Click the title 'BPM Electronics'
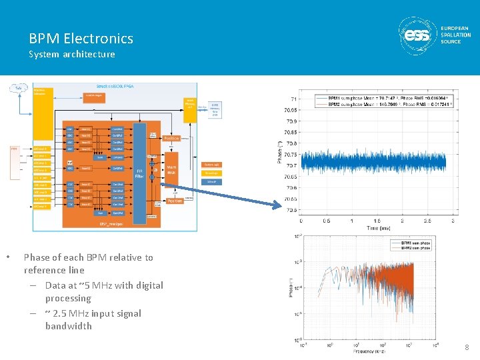(x=81, y=39)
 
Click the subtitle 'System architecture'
(x=71, y=54)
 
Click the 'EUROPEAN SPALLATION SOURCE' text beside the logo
(x=455, y=35)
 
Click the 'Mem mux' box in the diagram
(x=171, y=170)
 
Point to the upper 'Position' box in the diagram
(x=172, y=138)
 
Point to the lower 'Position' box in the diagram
(x=175, y=201)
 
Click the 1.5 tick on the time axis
(x=377, y=221)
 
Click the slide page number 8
(x=467, y=347)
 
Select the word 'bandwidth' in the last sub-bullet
(x=69, y=326)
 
